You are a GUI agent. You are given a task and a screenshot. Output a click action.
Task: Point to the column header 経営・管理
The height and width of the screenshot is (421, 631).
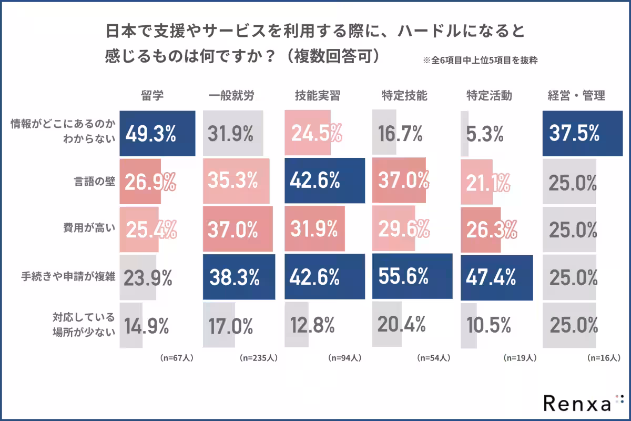576,96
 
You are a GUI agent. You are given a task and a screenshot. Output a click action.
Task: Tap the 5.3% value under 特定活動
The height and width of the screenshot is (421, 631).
485,134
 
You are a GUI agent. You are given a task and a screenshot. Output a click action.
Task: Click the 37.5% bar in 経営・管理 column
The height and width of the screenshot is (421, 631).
574,134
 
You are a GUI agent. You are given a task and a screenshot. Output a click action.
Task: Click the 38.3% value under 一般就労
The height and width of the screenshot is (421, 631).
234,277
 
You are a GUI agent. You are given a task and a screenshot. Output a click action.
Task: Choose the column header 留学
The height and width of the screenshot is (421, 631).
152,96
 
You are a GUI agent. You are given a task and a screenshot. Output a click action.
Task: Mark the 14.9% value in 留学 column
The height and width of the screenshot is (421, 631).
146,326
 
